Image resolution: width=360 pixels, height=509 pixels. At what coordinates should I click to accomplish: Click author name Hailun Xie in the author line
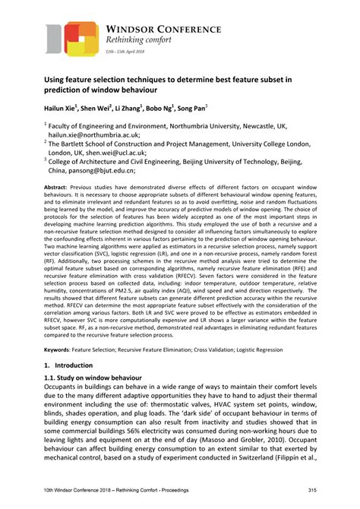coord(61,110)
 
